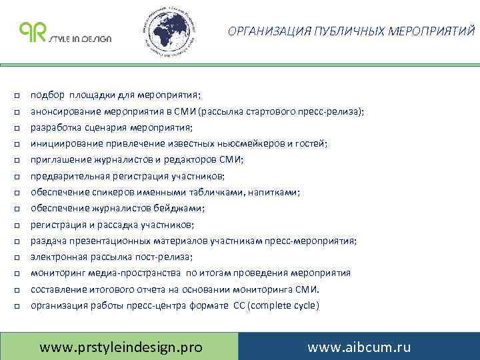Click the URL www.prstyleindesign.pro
click(x=121, y=347)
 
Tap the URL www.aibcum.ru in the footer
click(x=359, y=347)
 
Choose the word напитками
click(x=278, y=192)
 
